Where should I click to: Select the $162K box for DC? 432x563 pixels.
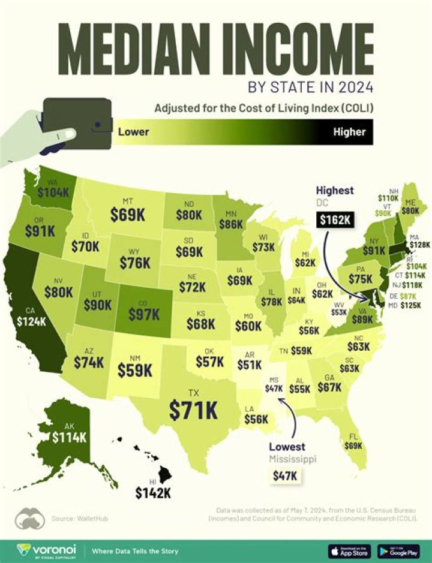336,220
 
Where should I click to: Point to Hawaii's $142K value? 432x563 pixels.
152,493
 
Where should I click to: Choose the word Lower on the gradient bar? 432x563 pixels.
133,131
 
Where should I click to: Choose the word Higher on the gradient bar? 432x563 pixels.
349,131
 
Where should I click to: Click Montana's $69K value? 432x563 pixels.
127,213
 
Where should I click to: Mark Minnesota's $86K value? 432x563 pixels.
230,225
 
